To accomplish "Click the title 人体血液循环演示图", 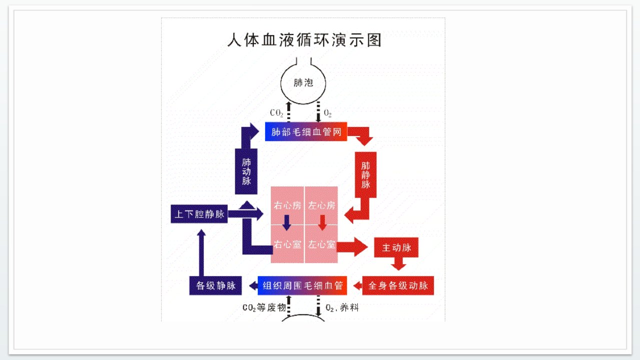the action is tap(305, 40).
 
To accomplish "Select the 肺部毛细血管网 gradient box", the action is tap(306, 131).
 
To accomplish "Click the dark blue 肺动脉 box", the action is tap(246, 171).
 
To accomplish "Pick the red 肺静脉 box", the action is tap(366, 174).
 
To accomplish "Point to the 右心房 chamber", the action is tap(287, 205).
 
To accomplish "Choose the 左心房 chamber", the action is tap(321, 205).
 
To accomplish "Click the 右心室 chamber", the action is tap(287, 244).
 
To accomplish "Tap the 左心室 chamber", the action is tap(321, 244).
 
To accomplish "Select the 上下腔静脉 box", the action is tap(199, 214).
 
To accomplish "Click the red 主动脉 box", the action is tap(396, 247).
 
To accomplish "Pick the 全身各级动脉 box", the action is tap(398, 285).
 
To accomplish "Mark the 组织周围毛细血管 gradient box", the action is tap(302, 285).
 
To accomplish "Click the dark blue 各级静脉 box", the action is tap(216, 285).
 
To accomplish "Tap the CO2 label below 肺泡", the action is tap(276, 113).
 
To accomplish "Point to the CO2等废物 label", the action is tap(264, 308).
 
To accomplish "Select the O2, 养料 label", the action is tap(342, 308).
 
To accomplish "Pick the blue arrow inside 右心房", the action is tap(287, 222).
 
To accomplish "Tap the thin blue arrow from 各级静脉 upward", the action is tap(202, 252).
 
